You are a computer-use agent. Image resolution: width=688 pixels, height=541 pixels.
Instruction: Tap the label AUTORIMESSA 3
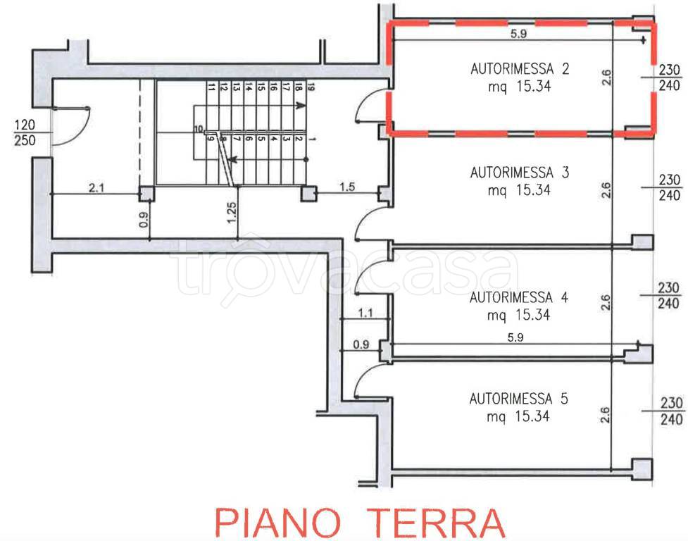(519, 172)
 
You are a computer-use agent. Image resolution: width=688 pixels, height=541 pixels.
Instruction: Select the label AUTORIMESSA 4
(519, 297)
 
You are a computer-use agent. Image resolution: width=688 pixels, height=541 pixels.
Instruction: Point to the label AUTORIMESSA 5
(519, 399)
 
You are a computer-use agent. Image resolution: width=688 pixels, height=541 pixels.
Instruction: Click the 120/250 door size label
(25, 132)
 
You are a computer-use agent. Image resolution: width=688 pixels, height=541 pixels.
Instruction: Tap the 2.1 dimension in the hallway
(95, 187)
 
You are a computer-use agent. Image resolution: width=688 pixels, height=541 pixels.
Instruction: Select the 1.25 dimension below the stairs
(232, 212)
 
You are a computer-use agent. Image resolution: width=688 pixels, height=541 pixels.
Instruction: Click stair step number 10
(199, 129)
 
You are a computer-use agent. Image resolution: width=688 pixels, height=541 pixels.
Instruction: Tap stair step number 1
(310, 140)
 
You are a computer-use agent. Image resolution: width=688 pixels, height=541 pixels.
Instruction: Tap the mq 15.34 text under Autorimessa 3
(518, 190)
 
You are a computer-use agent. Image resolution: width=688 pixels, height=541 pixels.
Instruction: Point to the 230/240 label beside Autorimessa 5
(672, 411)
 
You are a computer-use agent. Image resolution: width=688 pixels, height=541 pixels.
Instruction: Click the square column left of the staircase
(146, 194)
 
